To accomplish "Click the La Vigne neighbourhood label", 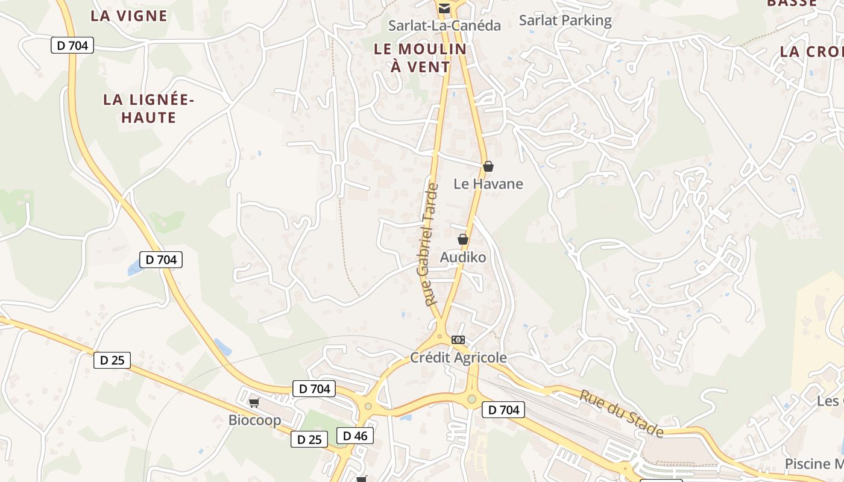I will coord(128,16).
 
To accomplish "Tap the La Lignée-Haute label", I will coord(148,108).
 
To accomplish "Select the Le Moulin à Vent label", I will coord(420,58).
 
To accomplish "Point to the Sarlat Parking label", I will coord(565,20).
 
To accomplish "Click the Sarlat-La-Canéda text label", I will coord(444,25).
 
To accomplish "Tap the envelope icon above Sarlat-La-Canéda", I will coord(444,8).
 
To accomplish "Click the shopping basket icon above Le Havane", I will coord(488,166).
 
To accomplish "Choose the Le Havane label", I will coord(488,184).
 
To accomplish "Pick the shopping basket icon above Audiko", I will coord(462,239).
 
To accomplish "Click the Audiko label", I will coord(462,257).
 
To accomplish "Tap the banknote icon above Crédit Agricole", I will coord(458,340).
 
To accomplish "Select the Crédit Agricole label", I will coord(458,358).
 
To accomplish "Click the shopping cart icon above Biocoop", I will coord(254,402).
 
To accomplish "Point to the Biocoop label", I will coord(254,420).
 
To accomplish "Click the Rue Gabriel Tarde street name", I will coord(427,245).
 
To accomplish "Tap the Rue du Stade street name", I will coord(622,413).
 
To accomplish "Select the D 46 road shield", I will coord(354,436).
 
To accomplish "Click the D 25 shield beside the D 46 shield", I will coord(309,439).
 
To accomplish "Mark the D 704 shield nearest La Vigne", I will coord(72,45).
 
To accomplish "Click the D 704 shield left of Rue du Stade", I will coord(503,410).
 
